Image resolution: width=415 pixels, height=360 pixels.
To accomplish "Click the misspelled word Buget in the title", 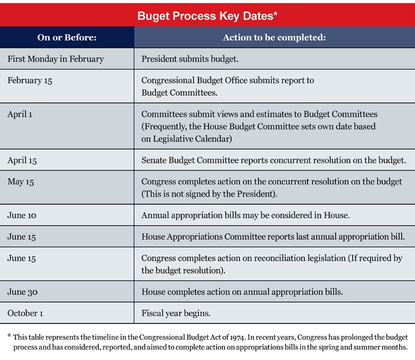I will click(x=152, y=16).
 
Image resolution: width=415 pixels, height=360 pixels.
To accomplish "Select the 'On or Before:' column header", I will click(x=67, y=37).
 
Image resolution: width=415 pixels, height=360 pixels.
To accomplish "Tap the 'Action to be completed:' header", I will click(x=274, y=37).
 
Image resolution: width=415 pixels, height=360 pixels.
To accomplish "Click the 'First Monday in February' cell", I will click(x=55, y=59).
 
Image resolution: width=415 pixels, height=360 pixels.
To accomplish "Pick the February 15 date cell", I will click(x=30, y=80).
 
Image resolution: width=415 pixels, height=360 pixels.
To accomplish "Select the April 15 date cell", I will click(x=22, y=160).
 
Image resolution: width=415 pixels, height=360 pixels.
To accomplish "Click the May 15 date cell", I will click(x=21, y=182).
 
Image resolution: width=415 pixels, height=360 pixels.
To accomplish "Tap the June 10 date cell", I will click(x=22, y=215).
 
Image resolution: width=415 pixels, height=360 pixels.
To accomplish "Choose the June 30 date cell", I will click(x=22, y=292).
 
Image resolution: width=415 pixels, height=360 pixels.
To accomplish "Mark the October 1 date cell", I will click(x=25, y=313).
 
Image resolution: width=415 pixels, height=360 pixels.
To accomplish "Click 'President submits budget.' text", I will click(x=190, y=59).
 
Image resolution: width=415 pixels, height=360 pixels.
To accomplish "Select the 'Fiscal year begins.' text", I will click(x=176, y=313).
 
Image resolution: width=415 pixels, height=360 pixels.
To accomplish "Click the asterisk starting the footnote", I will click(x=9, y=337).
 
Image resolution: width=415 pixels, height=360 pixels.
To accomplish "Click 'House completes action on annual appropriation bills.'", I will click(x=242, y=292).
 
